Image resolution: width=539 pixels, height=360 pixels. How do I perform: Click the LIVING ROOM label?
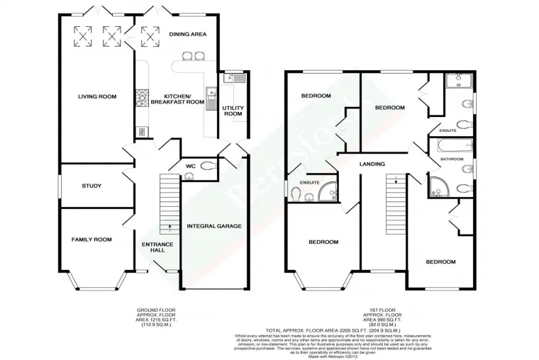[x=96, y=96]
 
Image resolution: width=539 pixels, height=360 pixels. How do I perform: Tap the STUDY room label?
[x=91, y=186]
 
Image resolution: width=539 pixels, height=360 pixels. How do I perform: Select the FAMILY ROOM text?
[x=91, y=240]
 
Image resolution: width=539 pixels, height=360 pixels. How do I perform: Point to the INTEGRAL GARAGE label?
[x=214, y=226]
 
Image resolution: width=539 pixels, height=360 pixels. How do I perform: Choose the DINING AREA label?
[x=188, y=33]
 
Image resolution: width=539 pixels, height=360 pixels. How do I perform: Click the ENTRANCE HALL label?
[x=157, y=247]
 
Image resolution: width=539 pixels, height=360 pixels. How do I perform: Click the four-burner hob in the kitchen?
[x=142, y=94]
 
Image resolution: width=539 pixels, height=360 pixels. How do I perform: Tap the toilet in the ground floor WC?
[x=209, y=167]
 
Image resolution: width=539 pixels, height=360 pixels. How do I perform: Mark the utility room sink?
[x=230, y=79]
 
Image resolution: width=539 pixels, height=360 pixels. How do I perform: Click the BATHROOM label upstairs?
[x=452, y=159]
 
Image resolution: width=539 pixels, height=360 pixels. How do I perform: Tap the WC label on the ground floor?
[x=190, y=167]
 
